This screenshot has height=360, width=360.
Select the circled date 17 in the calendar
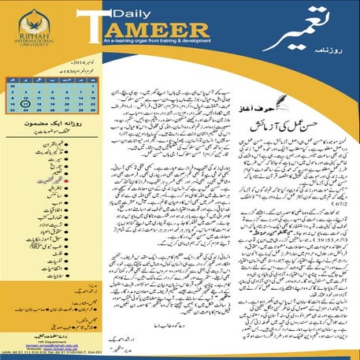coord(26,102)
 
